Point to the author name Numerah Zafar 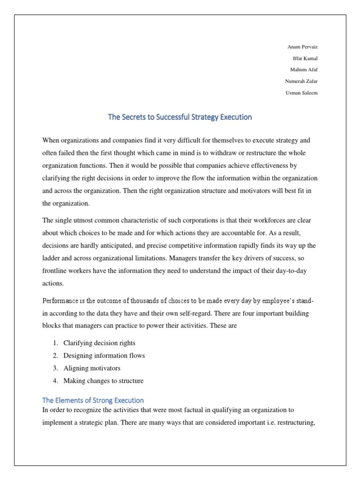301,81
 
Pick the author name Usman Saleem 301,92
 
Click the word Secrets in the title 136,117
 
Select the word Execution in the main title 234,117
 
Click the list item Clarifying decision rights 99,343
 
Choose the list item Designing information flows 104,356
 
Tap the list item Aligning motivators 92,368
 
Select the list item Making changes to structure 103,381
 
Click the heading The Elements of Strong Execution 93,400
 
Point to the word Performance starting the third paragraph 61,300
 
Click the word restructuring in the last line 295,422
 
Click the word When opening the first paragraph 52,141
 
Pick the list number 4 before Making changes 55,381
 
